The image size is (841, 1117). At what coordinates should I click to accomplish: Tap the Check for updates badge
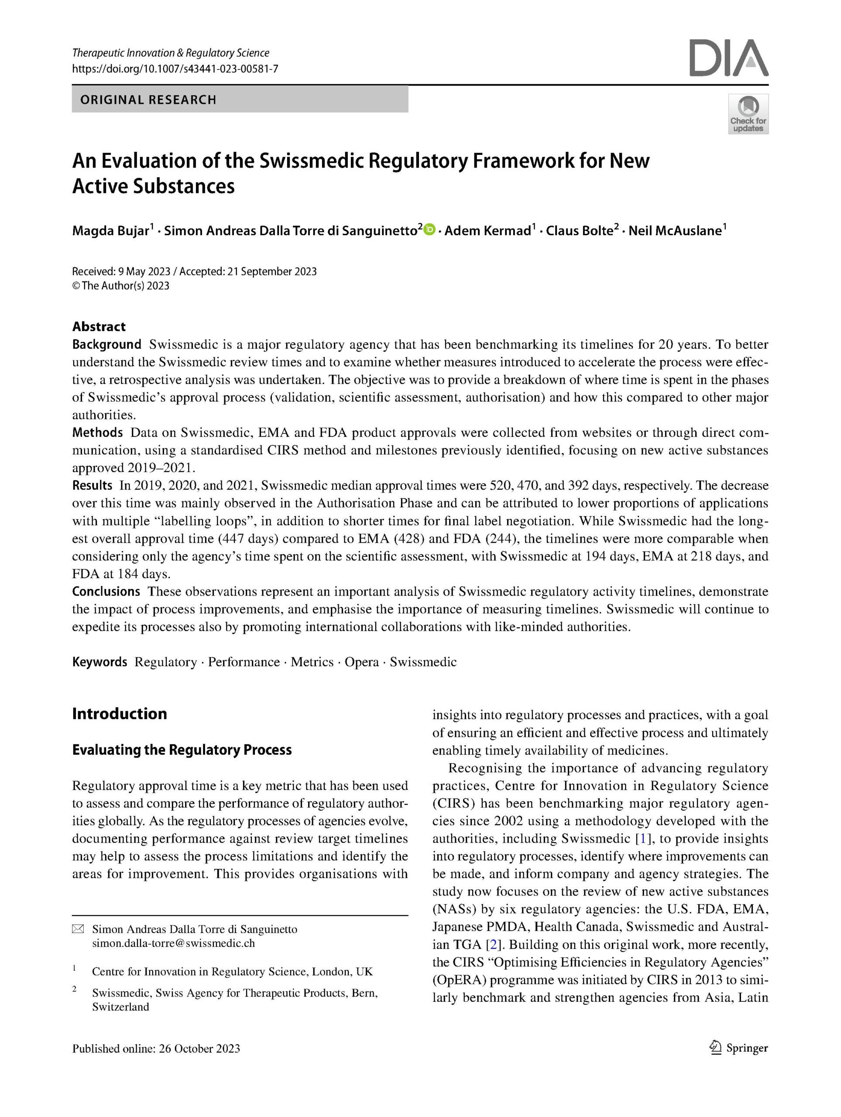pyautogui.click(x=748, y=114)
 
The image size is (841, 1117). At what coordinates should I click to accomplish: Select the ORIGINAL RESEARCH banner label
pyautogui.click(x=148, y=99)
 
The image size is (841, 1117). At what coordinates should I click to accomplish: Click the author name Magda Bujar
pyautogui.click(x=110, y=231)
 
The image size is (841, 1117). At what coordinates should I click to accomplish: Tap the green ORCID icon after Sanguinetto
pyautogui.click(x=430, y=230)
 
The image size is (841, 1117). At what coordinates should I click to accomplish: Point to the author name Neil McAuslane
pyautogui.click(x=675, y=231)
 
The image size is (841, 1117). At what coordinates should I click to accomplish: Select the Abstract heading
pyautogui.click(x=99, y=327)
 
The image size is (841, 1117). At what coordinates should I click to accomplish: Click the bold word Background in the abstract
pyautogui.click(x=106, y=344)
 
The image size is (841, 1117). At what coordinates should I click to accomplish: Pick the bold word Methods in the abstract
pyautogui.click(x=97, y=432)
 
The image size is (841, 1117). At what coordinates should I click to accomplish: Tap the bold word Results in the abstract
pyautogui.click(x=92, y=485)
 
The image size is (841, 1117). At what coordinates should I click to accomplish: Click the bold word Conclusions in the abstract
pyautogui.click(x=106, y=591)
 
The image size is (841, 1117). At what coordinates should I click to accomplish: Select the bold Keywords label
pyautogui.click(x=100, y=662)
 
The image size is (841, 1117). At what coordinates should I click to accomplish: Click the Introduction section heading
pyautogui.click(x=120, y=713)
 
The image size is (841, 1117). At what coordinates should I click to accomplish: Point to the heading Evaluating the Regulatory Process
pyautogui.click(x=182, y=750)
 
